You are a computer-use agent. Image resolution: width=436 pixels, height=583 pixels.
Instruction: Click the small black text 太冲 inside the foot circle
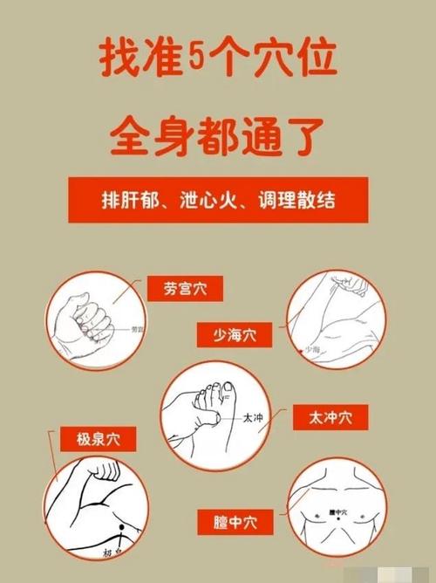pos(252,419)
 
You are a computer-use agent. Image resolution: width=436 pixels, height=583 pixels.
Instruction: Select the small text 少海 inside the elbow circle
pos(312,348)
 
